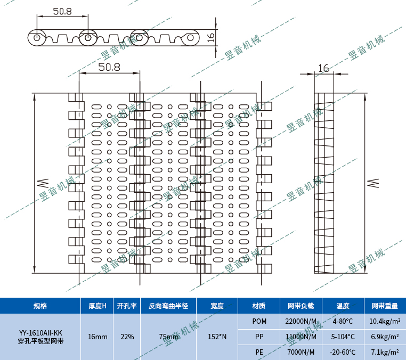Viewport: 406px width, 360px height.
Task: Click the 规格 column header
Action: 40,306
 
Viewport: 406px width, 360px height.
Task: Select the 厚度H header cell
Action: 97,306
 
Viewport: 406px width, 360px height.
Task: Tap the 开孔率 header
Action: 127,306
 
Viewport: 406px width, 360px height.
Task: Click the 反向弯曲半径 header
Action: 168,306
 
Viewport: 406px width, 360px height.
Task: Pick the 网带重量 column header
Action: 385,306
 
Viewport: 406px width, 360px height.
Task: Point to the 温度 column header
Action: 343,306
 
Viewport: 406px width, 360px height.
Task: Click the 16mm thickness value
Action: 97,337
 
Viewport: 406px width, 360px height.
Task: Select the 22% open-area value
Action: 127,337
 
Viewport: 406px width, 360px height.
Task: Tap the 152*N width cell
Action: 217,337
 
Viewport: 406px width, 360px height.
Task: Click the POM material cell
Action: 259,321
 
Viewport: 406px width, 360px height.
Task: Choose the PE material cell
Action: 259,352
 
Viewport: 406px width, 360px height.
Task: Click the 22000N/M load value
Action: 301,321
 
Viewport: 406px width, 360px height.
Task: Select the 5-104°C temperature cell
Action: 343,337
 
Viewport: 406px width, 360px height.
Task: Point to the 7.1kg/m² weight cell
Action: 385,352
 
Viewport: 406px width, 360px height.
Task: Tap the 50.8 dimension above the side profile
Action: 62,11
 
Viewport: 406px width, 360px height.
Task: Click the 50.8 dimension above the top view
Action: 109,67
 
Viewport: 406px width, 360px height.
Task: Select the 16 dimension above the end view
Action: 323,68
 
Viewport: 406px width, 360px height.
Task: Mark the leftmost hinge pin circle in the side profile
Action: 36,38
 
